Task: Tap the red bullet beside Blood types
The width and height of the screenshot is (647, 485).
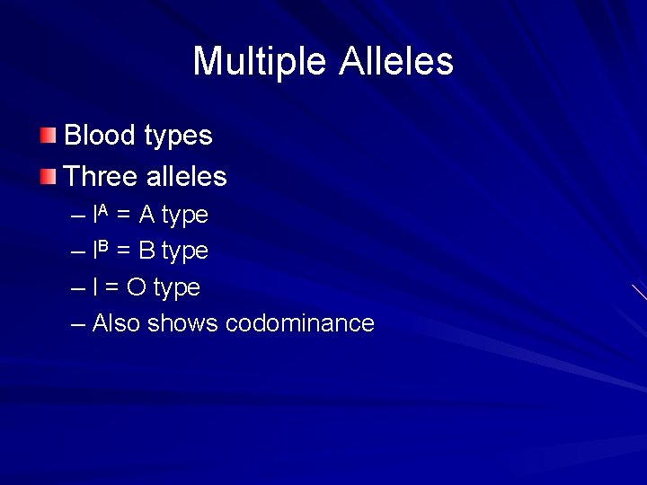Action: [x=48, y=136]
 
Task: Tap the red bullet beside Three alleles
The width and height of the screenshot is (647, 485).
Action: [x=48, y=176]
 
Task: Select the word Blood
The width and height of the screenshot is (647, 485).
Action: [x=99, y=136]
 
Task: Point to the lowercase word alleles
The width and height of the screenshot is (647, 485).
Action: [x=184, y=176]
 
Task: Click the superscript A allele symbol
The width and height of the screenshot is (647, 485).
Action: [x=103, y=211]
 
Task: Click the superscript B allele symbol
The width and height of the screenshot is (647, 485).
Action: [x=103, y=247]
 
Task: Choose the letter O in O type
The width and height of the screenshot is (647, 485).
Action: [x=137, y=288]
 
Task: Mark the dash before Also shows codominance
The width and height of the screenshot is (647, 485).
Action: [x=78, y=324]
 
